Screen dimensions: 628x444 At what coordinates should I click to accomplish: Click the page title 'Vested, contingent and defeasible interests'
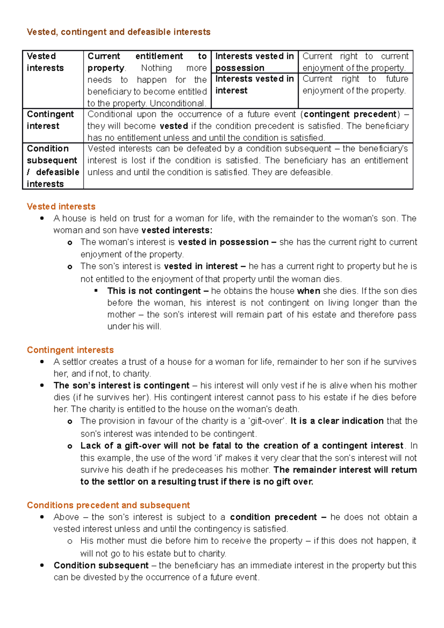118,32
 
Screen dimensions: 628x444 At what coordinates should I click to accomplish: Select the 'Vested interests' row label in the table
45,62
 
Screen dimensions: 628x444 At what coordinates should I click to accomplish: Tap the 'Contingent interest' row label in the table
50,120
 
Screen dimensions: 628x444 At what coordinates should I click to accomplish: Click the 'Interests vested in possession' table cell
254,62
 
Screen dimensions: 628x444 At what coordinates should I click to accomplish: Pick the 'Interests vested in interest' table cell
254,85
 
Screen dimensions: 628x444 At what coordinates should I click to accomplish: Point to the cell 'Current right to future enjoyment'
355,85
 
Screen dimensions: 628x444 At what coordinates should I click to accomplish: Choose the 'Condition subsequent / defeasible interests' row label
53,166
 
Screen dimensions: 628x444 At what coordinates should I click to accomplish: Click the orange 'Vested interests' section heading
61,206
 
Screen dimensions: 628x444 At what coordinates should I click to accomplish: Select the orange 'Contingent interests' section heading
70,350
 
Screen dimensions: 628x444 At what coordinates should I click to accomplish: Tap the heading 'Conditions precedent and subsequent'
108,505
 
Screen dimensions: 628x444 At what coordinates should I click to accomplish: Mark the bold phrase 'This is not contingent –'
158,291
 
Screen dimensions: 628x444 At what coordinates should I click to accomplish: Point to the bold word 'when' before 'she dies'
309,291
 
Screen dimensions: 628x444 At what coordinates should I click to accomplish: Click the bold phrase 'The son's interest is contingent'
121,385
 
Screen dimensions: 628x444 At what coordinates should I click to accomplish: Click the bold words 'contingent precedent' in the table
350,114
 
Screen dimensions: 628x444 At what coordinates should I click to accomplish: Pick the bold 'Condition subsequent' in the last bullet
101,565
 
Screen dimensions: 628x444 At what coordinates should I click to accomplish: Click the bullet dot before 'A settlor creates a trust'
42,362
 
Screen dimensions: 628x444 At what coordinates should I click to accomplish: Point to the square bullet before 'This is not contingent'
96,291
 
